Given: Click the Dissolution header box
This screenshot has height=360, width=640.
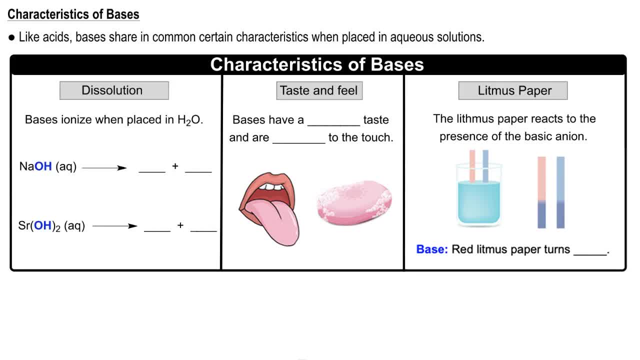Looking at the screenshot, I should point(114,90).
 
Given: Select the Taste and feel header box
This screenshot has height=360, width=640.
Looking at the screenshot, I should point(319,90).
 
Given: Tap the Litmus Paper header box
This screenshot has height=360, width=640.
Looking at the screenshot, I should point(513,90).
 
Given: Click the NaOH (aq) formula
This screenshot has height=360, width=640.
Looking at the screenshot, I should point(48,167).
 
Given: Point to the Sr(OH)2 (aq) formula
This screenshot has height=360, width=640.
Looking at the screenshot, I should point(51,226).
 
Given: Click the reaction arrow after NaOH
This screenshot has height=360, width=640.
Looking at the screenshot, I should point(104,168).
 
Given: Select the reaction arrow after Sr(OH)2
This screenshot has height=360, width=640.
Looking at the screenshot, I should point(114,226).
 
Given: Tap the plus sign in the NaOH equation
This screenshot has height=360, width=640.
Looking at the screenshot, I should point(175,166).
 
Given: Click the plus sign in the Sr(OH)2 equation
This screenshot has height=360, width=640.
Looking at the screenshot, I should point(180,225).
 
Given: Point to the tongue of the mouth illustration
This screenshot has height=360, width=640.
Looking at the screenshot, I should point(277,220).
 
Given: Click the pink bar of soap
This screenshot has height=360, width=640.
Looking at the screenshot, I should point(354,203).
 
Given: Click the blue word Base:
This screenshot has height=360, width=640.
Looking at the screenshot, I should point(432,249).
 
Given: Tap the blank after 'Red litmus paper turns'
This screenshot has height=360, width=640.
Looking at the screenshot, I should point(589,252).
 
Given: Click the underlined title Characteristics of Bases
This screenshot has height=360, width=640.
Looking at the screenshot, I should point(73,14).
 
